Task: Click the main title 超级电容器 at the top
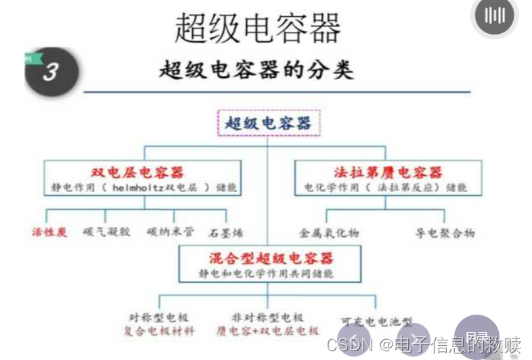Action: pyautogui.click(x=257, y=28)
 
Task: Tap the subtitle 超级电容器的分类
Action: pyautogui.click(x=257, y=70)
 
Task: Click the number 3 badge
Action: pyautogui.click(x=51, y=72)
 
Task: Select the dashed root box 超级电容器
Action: pyautogui.click(x=268, y=123)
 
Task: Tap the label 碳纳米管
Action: pyautogui.click(x=170, y=232)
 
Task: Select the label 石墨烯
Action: pyautogui.click(x=226, y=233)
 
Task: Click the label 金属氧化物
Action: pyautogui.click(x=329, y=233)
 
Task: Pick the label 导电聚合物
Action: pyautogui.click(x=445, y=233)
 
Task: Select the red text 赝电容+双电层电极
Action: pyautogui.click(x=267, y=331)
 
